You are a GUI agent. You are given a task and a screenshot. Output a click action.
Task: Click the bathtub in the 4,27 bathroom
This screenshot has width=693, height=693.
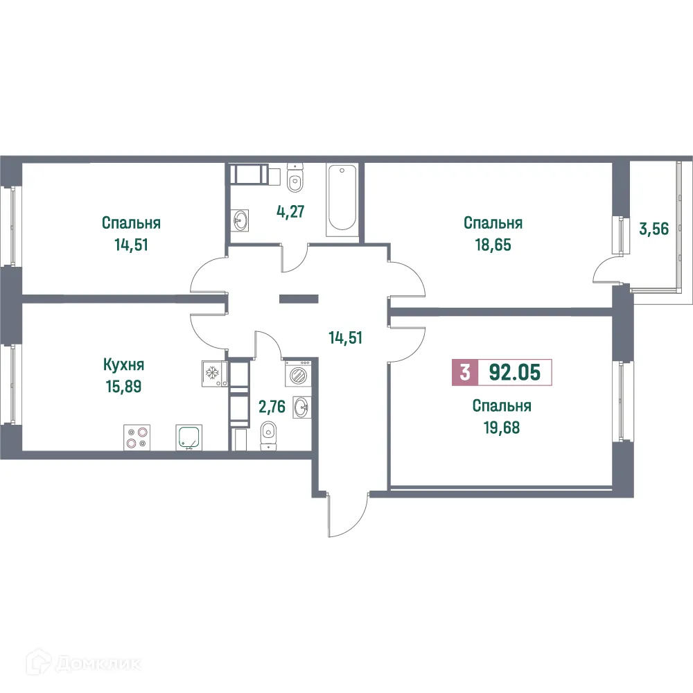(342, 197)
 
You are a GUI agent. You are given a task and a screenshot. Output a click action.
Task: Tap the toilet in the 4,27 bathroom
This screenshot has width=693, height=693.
(295, 180)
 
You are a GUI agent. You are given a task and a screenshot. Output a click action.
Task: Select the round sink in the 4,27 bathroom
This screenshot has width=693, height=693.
(241, 221)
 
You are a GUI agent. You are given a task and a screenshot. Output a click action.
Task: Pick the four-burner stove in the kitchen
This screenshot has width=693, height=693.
(136, 438)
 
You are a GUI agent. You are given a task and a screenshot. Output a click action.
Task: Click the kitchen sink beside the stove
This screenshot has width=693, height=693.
(188, 438)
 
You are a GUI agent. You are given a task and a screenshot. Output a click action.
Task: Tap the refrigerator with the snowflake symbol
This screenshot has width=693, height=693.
(212, 372)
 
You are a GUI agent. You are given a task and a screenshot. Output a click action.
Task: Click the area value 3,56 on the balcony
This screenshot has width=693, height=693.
(653, 229)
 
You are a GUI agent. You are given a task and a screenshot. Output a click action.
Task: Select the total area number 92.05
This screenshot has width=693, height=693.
(513, 374)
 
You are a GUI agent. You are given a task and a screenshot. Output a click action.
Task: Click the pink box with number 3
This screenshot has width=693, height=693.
(464, 374)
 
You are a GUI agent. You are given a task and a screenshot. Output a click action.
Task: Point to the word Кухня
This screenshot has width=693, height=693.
(123, 365)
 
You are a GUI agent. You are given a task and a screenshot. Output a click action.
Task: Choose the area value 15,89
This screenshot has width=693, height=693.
(123, 385)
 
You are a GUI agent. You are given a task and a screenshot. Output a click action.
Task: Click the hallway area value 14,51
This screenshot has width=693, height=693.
(346, 338)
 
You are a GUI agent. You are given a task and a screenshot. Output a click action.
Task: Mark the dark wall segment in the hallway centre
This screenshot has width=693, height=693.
(298, 299)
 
